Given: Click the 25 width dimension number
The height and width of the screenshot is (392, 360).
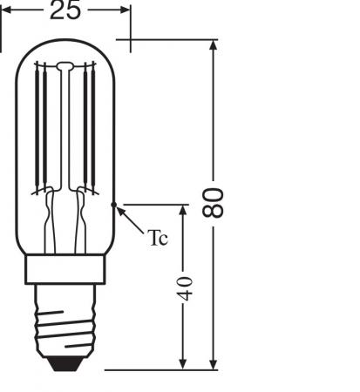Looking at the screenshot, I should point(66,10).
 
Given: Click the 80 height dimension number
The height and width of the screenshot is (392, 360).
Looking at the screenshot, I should point(214,202).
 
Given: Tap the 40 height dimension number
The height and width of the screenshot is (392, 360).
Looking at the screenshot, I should point(186,288).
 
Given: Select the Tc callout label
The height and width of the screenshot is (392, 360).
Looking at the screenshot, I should point(157,238).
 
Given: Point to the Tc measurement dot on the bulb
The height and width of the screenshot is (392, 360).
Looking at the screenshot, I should point(114,206).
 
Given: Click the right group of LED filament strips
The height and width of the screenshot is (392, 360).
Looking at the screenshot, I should point(88,131).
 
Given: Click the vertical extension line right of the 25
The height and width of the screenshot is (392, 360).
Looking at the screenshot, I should point(131,26).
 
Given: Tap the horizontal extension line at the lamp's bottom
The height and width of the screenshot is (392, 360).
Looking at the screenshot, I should point(157,369).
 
